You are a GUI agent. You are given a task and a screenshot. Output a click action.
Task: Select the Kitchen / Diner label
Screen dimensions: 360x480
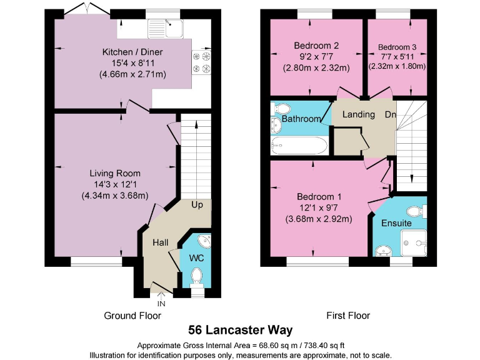point(132,51)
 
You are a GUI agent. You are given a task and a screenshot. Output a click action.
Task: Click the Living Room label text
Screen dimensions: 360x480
point(114,173)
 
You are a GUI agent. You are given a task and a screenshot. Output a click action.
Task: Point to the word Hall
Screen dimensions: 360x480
point(161,242)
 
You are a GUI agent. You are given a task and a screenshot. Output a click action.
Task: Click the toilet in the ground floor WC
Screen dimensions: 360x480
point(197,276)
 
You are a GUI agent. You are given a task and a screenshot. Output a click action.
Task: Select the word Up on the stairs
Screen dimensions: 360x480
point(197,205)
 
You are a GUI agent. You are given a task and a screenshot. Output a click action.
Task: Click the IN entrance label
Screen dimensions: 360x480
point(161,303)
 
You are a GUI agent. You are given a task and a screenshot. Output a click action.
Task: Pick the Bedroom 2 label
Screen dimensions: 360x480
point(316,46)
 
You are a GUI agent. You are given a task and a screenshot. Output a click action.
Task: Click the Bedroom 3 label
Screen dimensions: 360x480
point(397,47)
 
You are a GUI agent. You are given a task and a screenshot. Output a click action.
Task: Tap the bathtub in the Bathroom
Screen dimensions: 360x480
point(297,146)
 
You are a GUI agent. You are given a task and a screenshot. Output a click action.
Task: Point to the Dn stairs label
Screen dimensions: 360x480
point(390,114)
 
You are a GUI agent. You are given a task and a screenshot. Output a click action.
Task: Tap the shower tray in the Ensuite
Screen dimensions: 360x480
point(414,241)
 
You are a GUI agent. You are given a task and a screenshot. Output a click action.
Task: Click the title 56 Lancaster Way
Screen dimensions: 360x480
point(240,329)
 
